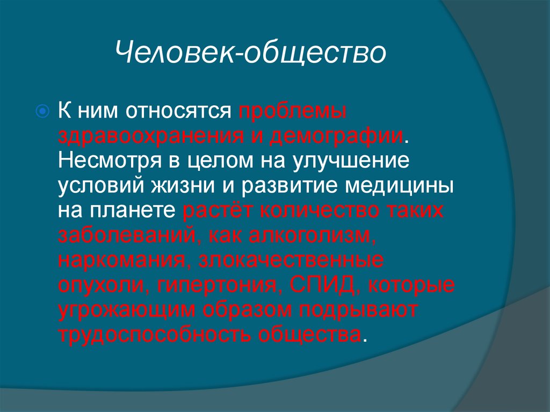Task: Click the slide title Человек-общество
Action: pos(250,54)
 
